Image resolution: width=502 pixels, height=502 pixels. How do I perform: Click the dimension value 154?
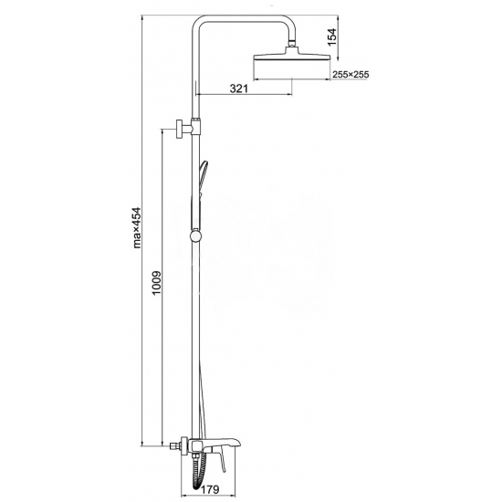click(332, 37)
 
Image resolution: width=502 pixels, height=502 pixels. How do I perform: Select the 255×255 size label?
click(350, 75)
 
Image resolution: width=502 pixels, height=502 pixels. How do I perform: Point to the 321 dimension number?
click(239, 88)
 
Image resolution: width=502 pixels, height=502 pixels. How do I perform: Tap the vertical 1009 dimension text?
click(156, 283)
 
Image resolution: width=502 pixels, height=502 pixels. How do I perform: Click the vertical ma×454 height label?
click(137, 227)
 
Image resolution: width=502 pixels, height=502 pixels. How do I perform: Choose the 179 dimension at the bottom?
click(210, 489)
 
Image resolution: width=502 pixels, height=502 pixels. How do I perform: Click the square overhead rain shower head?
click(292, 55)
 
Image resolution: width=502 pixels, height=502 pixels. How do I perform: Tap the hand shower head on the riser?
click(203, 179)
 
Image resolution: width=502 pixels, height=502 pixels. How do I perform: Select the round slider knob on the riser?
click(195, 236)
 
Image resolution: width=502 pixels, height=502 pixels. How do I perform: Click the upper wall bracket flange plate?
click(179, 129)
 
